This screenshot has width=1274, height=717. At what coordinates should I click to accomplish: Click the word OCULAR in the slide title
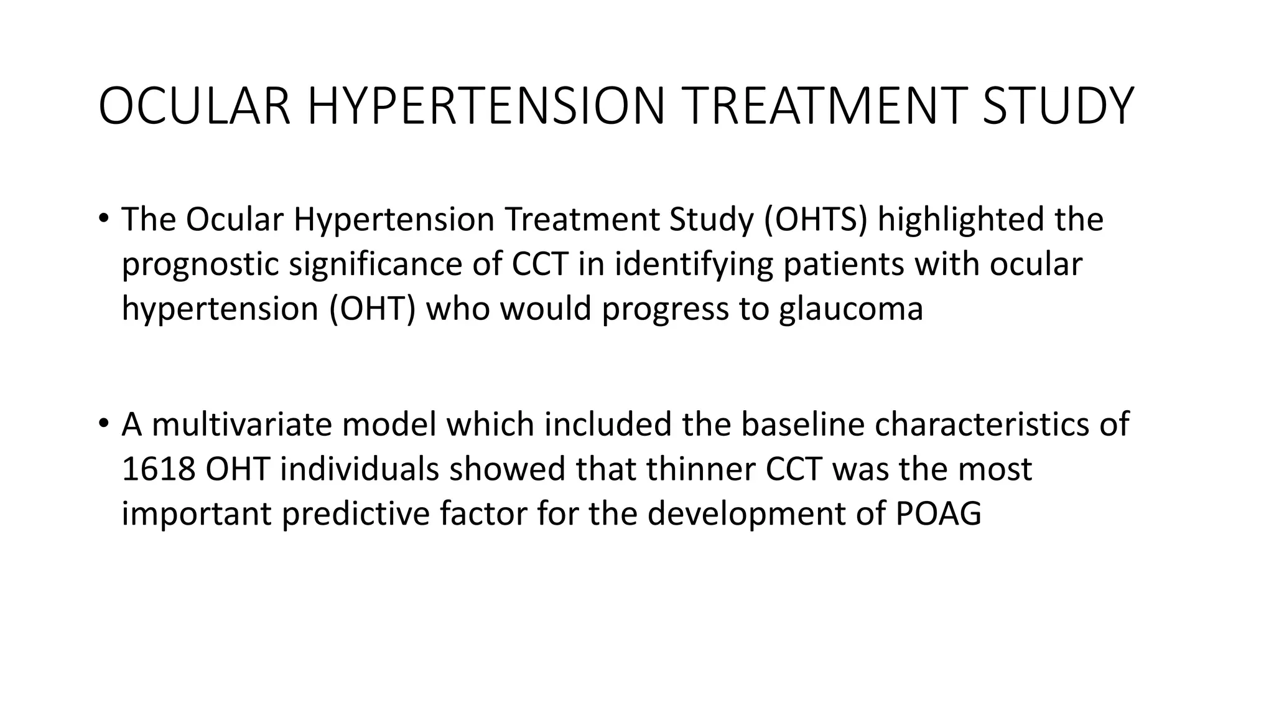[x=195, y=106]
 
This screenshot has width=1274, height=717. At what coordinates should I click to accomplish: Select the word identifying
[x=694, y=264]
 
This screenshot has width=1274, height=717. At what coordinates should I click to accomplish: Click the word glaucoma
[x=850, y=309]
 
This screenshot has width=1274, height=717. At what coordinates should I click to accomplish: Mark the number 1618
[x=159, y=469]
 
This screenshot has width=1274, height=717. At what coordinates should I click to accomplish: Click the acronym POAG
[x=938, y=514]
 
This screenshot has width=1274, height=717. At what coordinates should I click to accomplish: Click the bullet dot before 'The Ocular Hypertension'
[x=103, y=219]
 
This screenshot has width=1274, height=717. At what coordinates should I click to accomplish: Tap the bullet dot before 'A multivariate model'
[x=103, y=424]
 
